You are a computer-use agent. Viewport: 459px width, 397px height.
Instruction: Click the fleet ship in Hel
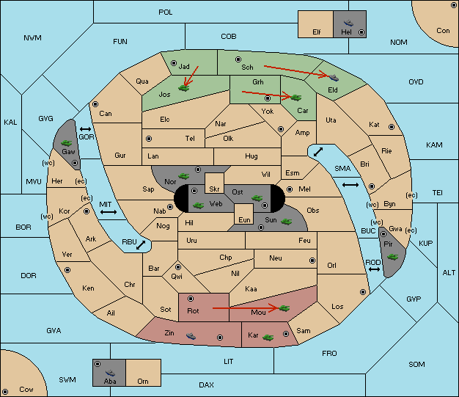click(348, 23)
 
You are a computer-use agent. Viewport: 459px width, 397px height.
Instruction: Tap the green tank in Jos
click(183, 87)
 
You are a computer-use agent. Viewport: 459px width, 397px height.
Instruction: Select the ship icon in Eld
click(334, 78)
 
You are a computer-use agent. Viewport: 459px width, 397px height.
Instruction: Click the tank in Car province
click(296, 98)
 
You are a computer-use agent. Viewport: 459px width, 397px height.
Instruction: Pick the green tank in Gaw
click(67, 142)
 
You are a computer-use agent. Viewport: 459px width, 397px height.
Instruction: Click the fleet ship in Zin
click(191, 336)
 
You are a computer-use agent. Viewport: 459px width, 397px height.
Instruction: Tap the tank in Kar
click(268, 338)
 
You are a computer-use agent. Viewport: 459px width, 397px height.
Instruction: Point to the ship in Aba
click(110, 372)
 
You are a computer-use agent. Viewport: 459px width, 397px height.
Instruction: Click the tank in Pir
click(392, 257)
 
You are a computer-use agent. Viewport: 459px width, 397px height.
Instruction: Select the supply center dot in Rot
click(191, 299)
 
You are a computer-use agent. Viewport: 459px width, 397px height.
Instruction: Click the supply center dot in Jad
click(174, 63)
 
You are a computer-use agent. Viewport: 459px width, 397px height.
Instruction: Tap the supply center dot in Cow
click(5, 392)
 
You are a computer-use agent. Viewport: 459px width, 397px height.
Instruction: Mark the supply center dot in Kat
click(392, 127)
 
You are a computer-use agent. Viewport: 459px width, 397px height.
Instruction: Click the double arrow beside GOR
click(86, 129)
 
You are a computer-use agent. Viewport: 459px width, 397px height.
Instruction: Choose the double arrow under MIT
click(109, 212)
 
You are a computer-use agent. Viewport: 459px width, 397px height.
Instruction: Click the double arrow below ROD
click(374, 269)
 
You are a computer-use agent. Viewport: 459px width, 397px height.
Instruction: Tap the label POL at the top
click(166, 12)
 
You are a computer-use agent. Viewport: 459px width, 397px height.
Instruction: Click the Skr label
click(214, 189)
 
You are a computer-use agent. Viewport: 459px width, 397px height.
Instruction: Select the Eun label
click(244, 219)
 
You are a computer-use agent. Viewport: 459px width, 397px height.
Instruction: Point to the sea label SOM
click(416, 364)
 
